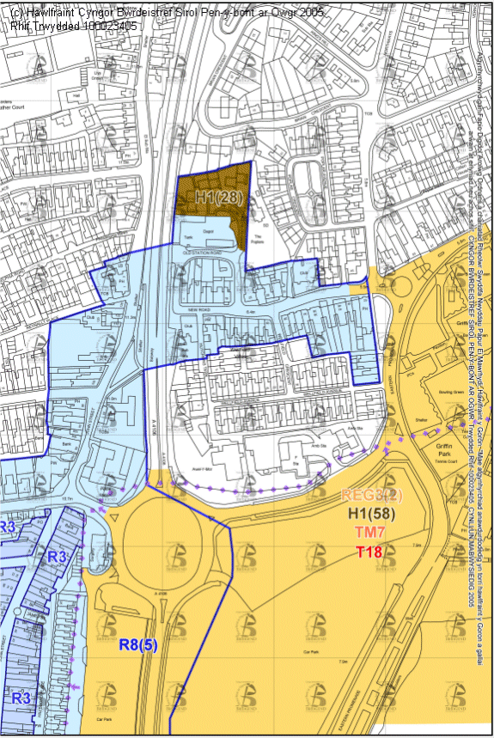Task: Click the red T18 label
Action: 370,551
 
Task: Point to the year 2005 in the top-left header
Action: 295,13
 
